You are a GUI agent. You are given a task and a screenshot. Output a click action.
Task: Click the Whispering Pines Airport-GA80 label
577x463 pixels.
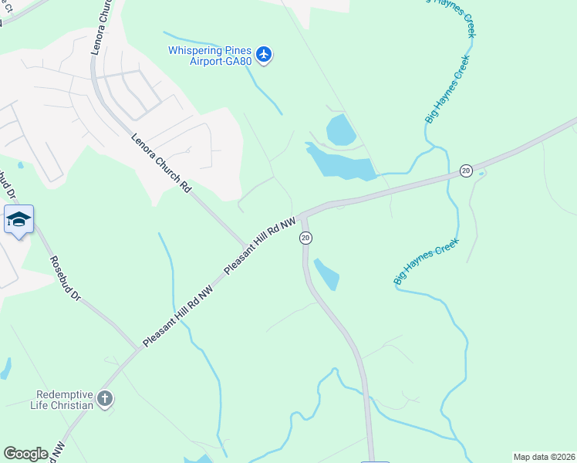(x=211, y=56)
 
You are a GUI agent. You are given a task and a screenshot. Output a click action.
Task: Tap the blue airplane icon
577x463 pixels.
(x=265, y=54)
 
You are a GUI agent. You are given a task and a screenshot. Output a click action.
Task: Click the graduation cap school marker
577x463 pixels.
(x=19, y=220)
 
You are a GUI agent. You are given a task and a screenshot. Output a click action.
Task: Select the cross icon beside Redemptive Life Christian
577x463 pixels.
(x=105, y=399)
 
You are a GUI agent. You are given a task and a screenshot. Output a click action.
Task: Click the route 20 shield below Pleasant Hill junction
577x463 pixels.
(x=305, y=238)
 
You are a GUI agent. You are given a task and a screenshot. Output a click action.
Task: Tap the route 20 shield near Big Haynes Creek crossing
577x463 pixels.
(x=466, y=171)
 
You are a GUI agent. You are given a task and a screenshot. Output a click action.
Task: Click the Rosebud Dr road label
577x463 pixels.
(x=64, y=278)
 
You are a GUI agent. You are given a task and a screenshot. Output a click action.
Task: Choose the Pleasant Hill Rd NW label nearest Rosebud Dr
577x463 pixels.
(x=177, y=316)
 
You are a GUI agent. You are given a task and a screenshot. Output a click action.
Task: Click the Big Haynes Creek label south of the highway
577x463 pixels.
(x=427, y=261)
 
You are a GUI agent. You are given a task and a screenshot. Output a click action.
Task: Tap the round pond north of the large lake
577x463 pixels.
(x=340, y=129)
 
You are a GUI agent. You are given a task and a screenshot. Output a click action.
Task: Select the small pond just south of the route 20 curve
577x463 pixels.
(x=327, y=275)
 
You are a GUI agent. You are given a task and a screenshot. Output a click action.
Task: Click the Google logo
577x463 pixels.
(x=25, y=454)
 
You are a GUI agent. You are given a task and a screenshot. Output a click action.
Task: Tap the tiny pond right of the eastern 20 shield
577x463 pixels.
(x=482, y=173)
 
